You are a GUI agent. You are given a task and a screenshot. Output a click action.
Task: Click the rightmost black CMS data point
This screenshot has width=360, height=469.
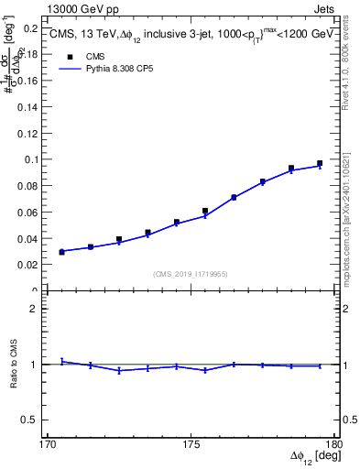point(320,163)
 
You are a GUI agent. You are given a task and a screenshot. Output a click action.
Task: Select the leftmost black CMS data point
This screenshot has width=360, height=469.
point(61,251)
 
